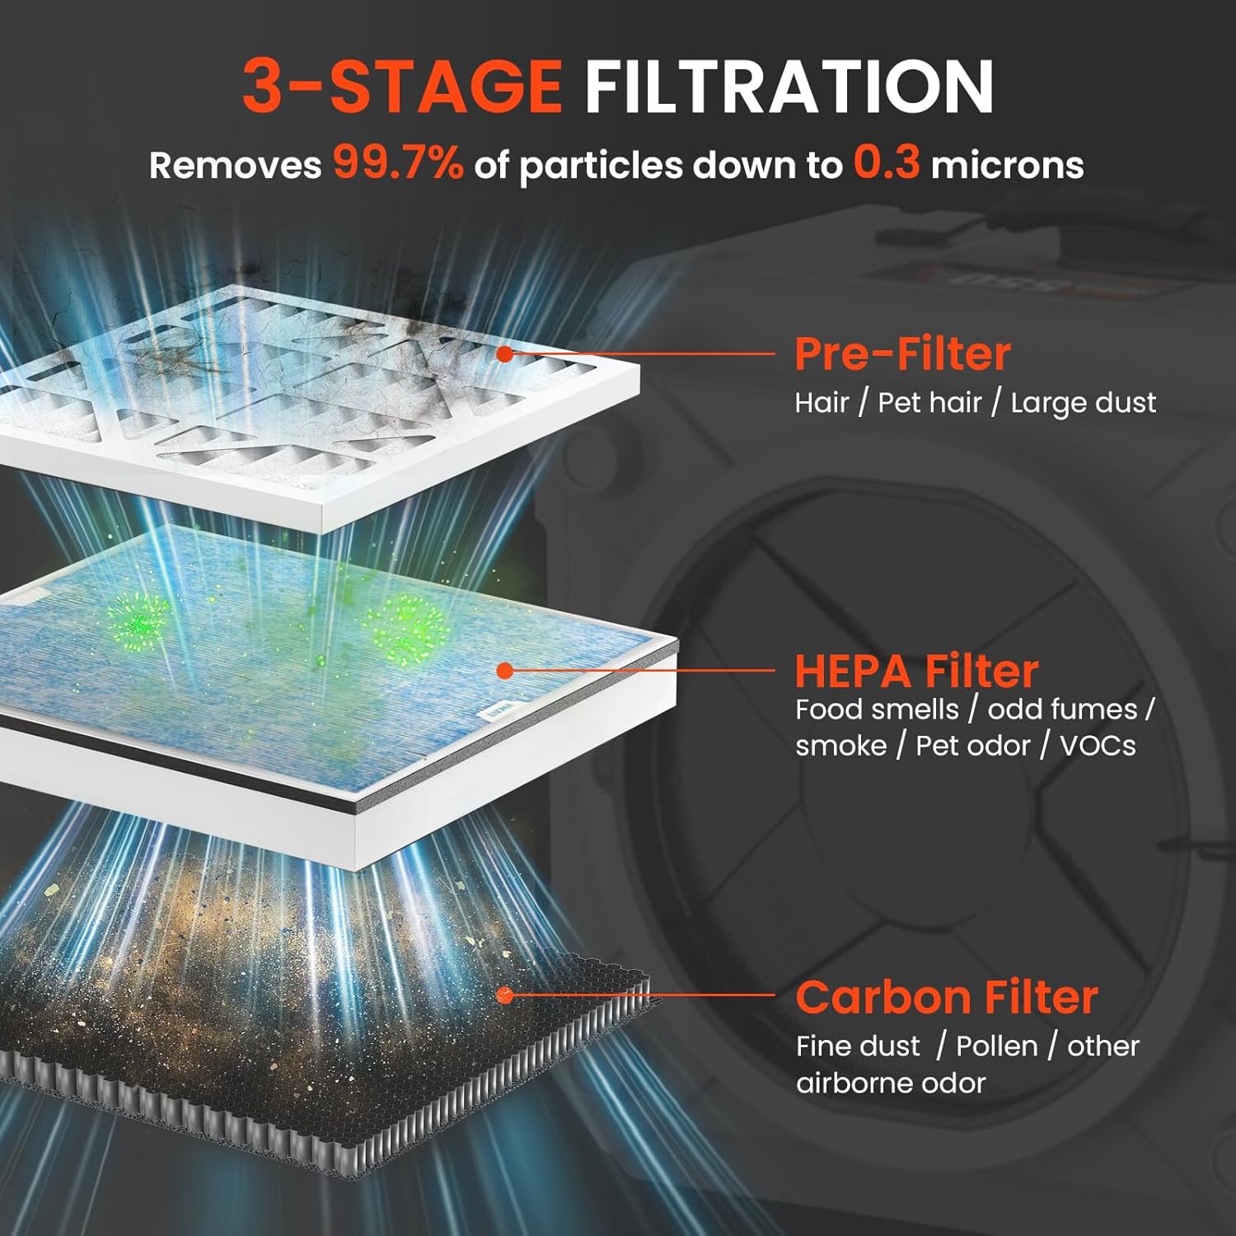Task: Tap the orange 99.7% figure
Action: coord(398,162)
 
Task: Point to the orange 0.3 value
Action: coord(886,162)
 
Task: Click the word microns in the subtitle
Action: coord(1007,166)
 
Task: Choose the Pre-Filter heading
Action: coord(902,354)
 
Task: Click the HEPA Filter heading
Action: coord(916,672)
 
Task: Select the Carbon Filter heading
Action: coord(947,997)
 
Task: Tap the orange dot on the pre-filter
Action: coord(505,354)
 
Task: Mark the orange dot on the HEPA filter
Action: coord(505,671)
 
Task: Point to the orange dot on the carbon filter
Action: coord(505,996)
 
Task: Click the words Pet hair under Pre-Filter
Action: coord(929,403)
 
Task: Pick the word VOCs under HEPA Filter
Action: coord(1098,746)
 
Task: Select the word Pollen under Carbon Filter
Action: coord(996,1046)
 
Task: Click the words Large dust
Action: coord(1083,403)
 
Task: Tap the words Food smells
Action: coord(877,709)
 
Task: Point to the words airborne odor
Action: coord(890,1083)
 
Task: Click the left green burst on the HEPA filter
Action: coord(138,616)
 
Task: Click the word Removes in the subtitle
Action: coord(235,166)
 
